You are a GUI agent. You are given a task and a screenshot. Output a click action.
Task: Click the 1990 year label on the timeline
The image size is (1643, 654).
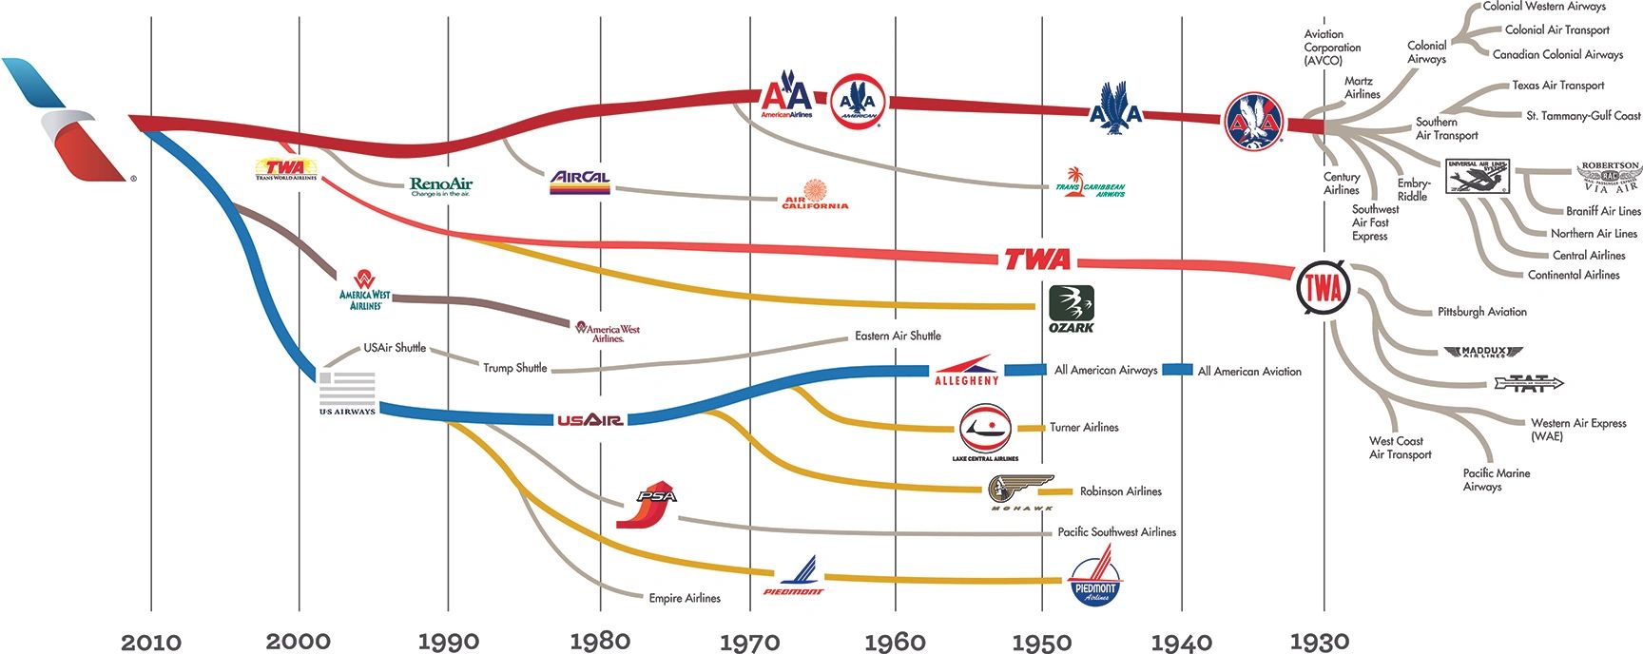click(x=448, y=642)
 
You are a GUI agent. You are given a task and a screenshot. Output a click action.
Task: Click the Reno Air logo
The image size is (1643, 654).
click(x=440, y=185)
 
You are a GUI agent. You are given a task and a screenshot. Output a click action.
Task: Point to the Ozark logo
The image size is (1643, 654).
click(x=1072, y=309)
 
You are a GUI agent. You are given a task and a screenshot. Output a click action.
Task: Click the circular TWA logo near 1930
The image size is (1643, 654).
click(x=1323, y=287)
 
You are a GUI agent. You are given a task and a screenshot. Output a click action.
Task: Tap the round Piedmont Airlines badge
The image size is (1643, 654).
click(x=1094, y=582)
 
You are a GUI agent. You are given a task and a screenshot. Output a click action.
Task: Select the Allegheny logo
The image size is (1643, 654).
click(x=966, y=371)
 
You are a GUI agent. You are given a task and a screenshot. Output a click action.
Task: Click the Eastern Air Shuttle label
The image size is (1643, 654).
click(x=898, y=336)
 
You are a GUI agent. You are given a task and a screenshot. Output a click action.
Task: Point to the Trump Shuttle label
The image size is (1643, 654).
click(x=514, y=368)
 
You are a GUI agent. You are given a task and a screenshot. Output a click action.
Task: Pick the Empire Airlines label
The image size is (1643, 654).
click(x=685, y=598)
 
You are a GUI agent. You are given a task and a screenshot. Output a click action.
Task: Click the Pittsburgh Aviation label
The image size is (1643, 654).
click(x=1481, y=312)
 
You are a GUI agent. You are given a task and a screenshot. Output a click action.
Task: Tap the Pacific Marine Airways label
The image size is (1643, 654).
click(x=1496, y=479)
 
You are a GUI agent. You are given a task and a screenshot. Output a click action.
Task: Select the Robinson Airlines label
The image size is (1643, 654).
click(x=1120, y=491)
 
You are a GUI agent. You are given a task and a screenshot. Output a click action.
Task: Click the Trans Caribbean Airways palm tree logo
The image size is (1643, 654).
click(x=1090, y=183)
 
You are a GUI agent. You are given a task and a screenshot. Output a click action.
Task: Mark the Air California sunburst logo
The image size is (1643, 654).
click(x=815, y=194)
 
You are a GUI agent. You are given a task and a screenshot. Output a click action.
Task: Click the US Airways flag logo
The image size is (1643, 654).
click(x=347, y=393)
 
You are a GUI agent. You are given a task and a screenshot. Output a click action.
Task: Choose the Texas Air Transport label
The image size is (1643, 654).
click(x=1557, y=86)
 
